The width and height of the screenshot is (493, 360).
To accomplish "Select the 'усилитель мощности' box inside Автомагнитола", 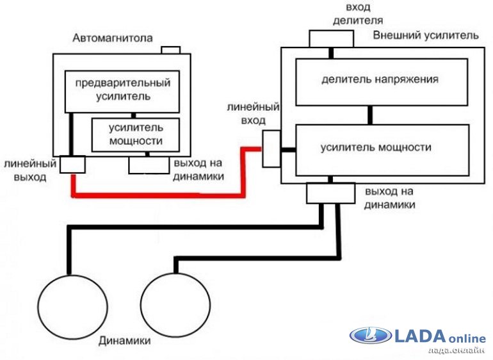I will [x=134, y=134].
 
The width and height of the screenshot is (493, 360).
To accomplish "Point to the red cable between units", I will [x=160, y=193].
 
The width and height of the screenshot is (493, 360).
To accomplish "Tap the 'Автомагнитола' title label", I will [x=113, y=38].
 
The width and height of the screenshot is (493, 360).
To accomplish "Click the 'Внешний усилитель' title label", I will [x=426, y=35].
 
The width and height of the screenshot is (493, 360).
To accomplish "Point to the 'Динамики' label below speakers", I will [x=125, y=341].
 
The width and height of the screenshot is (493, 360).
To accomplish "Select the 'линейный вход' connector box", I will [x=271, y=149].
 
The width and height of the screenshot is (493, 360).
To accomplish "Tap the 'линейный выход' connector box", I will [x=72, y=165].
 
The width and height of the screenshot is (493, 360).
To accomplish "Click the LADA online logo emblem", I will [x=369, y=336].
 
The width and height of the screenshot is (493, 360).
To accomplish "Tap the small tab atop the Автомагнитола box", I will [x=171, y=49].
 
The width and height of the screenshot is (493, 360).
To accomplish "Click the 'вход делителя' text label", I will [x=348, y=14].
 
